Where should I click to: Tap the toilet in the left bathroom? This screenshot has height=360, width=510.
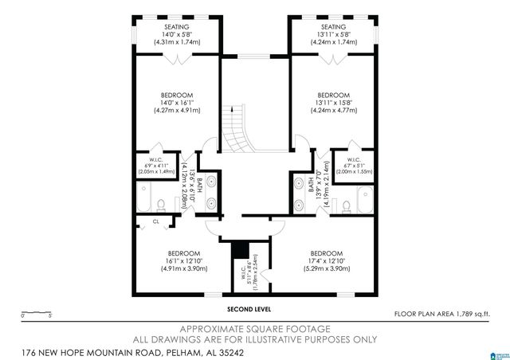160,202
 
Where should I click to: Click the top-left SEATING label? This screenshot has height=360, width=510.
176,27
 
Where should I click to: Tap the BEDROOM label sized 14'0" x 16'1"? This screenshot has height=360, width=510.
176,95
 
